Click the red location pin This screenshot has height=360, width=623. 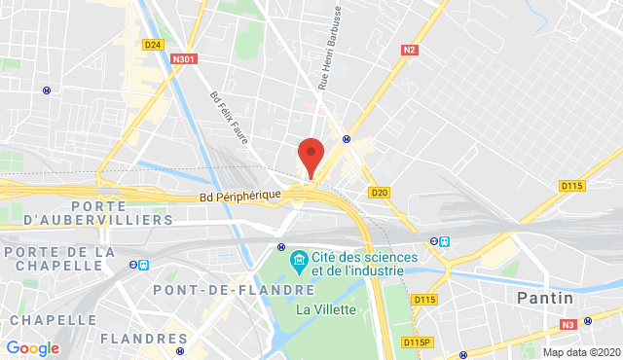coord(310,157)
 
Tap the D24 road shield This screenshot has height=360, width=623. coord(152,45)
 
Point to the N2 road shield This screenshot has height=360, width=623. coord(410,48)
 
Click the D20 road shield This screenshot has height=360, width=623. coord(380,193)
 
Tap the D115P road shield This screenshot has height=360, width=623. coord(417,342)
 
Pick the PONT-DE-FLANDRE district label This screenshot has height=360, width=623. coord(234,290)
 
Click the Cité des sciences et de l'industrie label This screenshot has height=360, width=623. coord(364,263)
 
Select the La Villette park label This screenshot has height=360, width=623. coord(326,309)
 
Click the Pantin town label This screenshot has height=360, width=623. coord(543,296)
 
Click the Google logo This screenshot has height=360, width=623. coord(32,347)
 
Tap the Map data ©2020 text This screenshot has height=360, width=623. coord(580,352)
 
